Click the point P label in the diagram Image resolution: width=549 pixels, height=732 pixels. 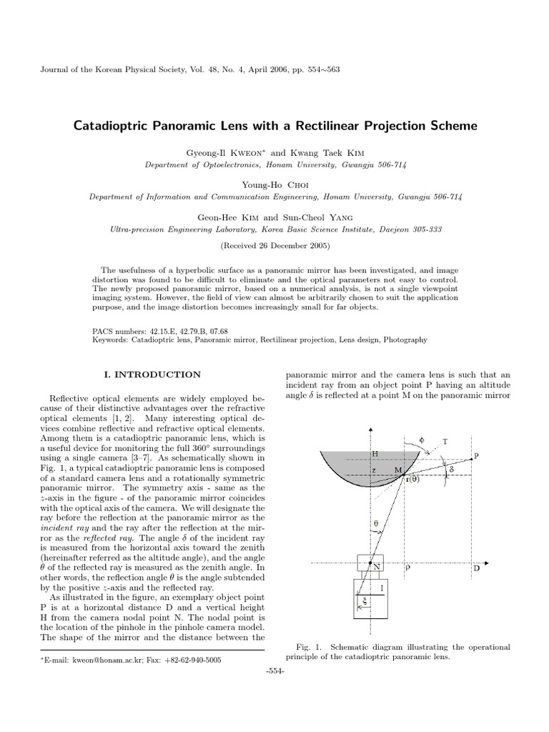coord(477,456)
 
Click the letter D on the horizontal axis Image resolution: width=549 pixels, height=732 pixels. coord(476,569)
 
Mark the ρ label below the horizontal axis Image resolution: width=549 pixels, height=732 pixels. coord(408,569)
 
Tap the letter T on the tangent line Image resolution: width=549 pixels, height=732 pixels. coord(445,442)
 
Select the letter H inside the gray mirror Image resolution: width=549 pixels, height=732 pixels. coord(375,453)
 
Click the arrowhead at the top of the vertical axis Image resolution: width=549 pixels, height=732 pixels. coord(370,428)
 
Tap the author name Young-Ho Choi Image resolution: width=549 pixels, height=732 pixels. coord(274,184)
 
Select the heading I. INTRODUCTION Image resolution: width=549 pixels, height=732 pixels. coord(152,374)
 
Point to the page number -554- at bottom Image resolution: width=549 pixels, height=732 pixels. coord(274,673)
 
